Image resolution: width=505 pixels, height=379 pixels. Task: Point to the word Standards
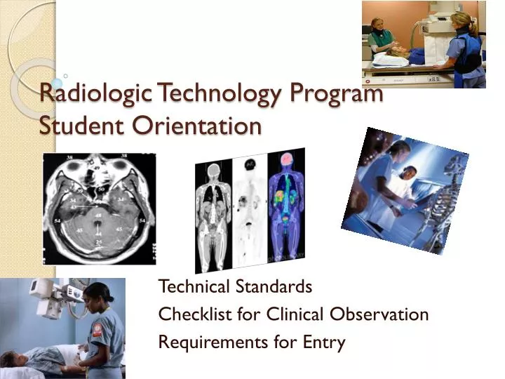tap(277, 286)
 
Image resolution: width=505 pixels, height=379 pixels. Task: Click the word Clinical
tap(287, 314)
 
